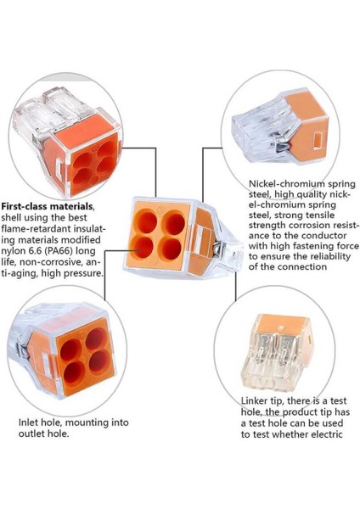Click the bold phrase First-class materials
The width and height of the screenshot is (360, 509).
(47, 206)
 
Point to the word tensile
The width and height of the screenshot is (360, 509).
(318, 215)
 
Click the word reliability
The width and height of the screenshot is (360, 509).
(330, 256)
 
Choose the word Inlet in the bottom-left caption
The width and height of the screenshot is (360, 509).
(28, 422)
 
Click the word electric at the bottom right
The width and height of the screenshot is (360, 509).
(327, 434)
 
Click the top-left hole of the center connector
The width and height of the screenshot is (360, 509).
(147, 221)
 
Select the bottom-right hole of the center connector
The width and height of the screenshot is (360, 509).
(172, 249)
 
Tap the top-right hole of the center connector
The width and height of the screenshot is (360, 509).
(175, 223)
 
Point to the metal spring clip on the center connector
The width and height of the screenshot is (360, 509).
(216, 248)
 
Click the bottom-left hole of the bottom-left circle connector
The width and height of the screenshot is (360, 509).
(74, 372)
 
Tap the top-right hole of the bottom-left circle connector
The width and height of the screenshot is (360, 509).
(96, 338)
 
